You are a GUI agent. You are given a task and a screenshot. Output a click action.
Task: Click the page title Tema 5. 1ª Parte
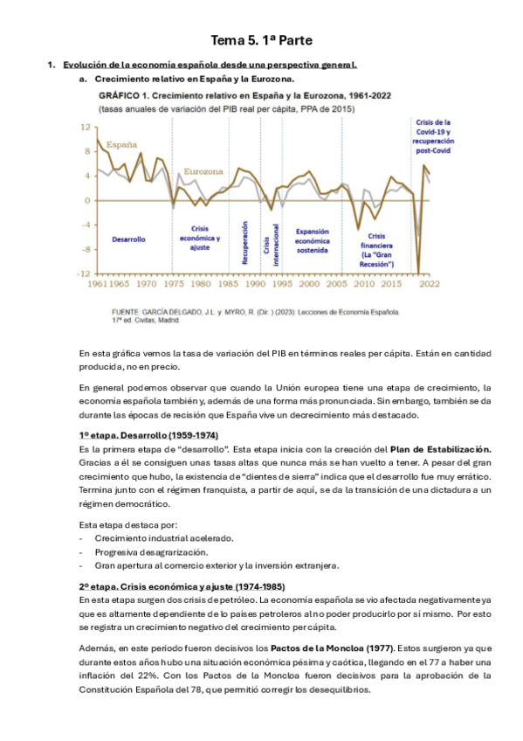261,40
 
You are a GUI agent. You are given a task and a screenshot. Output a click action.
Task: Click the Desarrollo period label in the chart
128,239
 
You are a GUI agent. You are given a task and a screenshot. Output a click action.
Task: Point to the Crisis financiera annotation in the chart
376,249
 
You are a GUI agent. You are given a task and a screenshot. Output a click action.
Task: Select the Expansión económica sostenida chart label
311,232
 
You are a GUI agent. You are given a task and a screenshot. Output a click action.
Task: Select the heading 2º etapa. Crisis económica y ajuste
182,586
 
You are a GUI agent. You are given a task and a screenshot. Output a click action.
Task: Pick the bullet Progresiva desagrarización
157,551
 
